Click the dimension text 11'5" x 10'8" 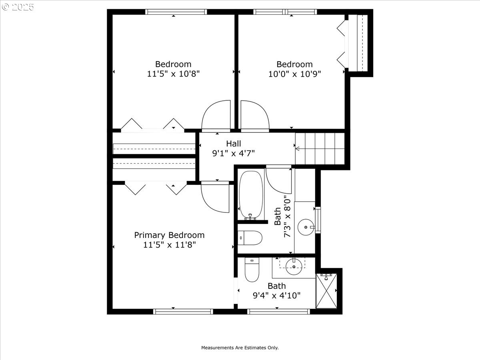(x=173, y=74)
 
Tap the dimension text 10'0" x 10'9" (x=294, y=74)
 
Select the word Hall (x=234, y=143)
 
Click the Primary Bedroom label (x=169, y=235)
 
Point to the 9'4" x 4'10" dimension (x=277, y=296)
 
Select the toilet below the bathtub (x=250, y=238)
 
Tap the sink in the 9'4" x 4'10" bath (x=294, y=267)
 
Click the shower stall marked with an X (x=326, y=291)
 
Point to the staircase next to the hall (x=320, y=149)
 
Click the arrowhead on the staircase (x=297, y=149)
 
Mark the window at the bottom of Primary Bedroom (x=183, y=311)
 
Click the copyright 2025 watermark (x=18, y=7)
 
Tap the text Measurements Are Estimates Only (x=240, y=348)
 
